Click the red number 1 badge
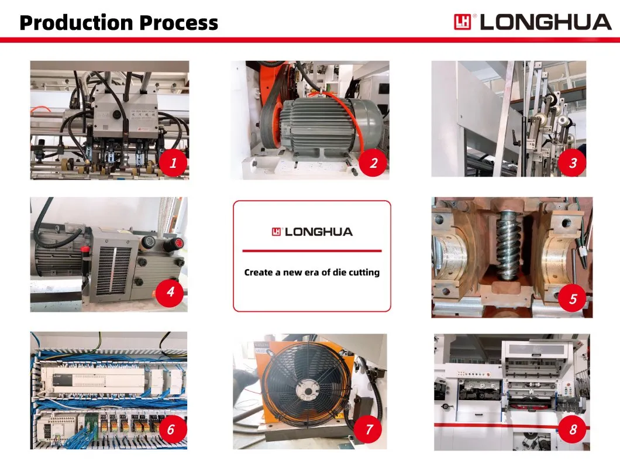pos(173,164)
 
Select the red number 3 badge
pos(573,163)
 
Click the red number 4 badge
pos(170,291)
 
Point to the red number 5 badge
pos(573,300)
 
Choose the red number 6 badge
pos(170,429)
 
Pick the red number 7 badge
pos(369,429)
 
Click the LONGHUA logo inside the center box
pos(312,232)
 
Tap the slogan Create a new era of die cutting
pos(312,272)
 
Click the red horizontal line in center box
pos(312,251)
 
